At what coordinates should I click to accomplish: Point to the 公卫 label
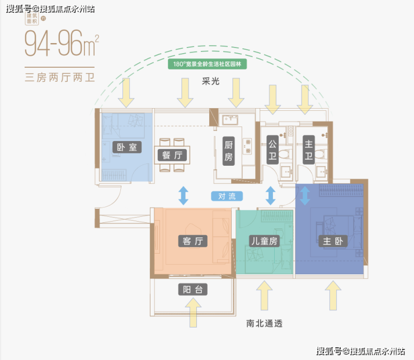(272, 150)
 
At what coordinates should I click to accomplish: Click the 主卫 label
(308, 150)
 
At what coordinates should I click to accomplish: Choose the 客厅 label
(191, 241)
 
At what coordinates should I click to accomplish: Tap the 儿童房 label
(263, 241)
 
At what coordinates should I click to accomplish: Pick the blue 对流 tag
(227, 197)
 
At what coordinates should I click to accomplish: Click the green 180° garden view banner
(208, 64)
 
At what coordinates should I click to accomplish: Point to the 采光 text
(211, 81)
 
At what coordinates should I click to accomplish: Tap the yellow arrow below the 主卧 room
(332, 295)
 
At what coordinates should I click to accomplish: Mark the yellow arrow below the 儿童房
(264, 295)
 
